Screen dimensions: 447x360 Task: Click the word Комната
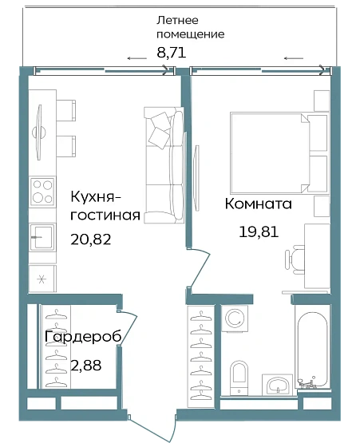tap(259, 204)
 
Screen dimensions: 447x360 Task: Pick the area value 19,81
tap(259, 232)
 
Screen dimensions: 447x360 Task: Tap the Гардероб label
tap(83, 337)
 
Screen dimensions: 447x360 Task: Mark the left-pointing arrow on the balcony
tap(293, 57)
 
